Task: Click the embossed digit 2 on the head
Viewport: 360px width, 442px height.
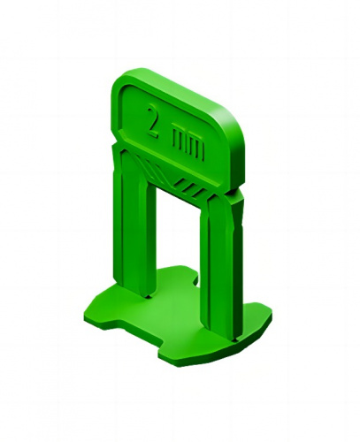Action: coord(154,121)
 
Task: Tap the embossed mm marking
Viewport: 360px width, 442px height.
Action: coord(188,143)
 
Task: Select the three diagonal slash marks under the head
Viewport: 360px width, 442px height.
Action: coord(189,187)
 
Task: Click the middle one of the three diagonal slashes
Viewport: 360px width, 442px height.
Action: coord(189,187)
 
